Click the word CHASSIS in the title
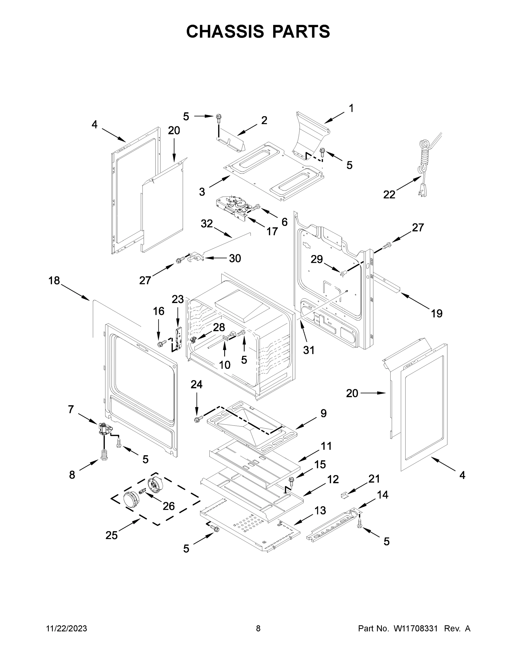click(225, 31)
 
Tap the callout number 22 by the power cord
click(389, 195)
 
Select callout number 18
click(54, 281)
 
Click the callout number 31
click(309, 350)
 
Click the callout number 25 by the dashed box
click(112, 535)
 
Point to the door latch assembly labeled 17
click(232, 208)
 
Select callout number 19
click(437, 313)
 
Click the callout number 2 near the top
click(264, 120)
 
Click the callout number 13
click(320, 510)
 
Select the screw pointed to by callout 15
click(291, 480)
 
